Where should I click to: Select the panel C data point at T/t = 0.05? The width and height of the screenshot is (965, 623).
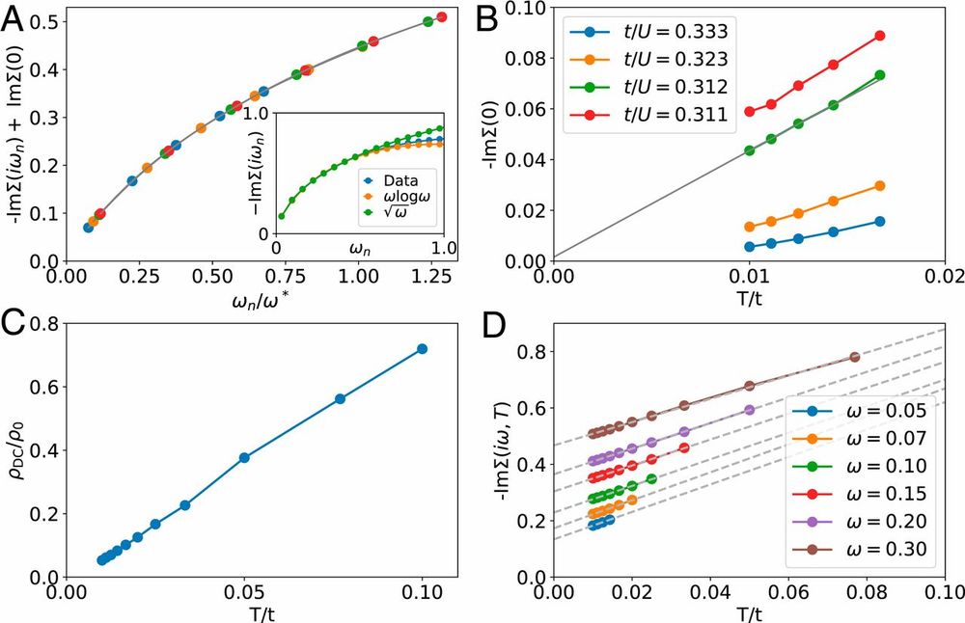coord(244,457)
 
